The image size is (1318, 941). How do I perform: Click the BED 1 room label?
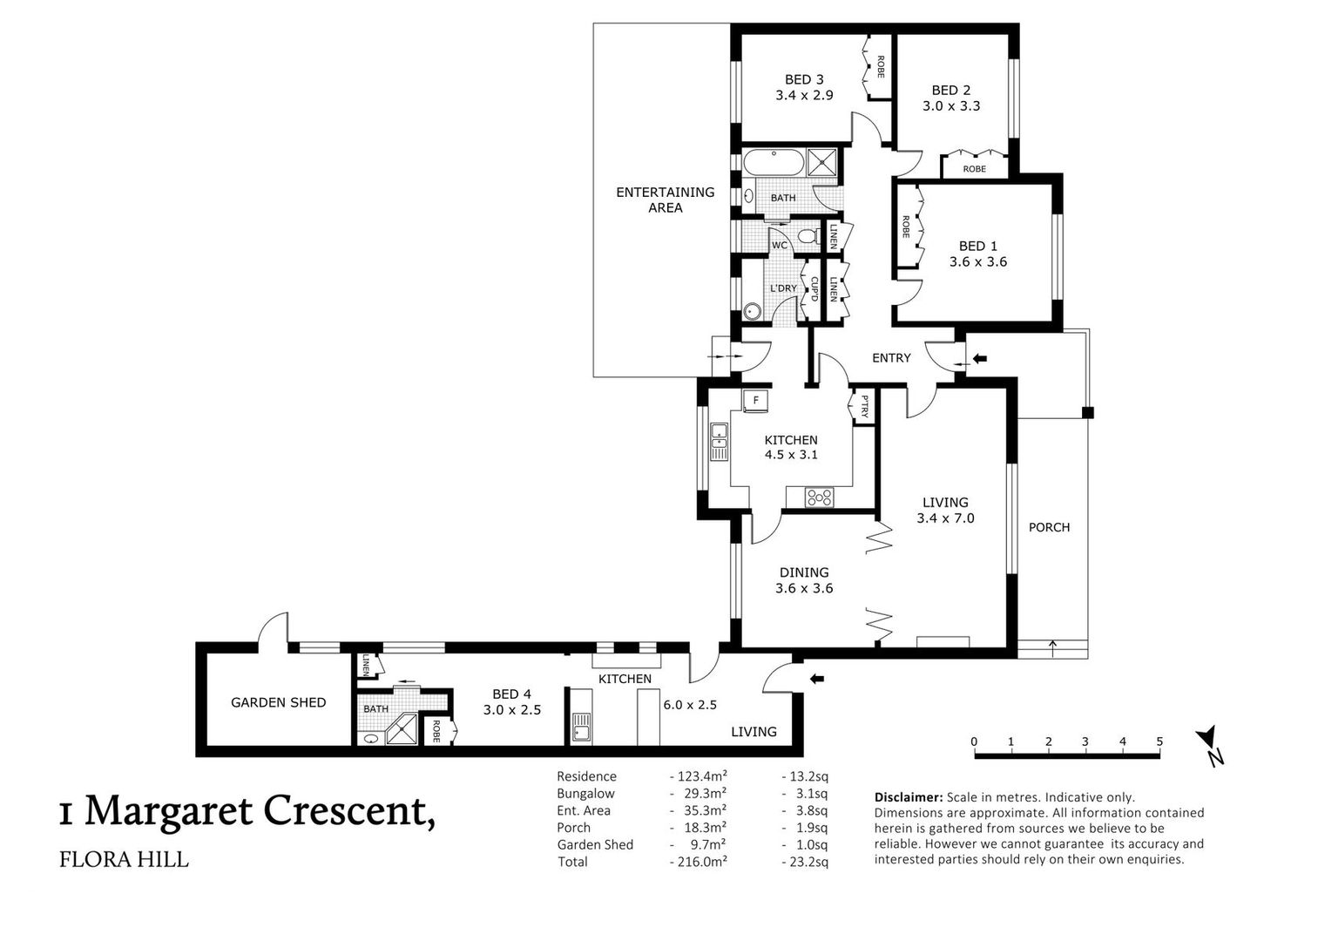click(x=978, y=246)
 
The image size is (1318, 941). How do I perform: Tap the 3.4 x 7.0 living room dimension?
click(x=945, y=518)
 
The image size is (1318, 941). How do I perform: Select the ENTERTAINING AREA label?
click(x=665, y=200)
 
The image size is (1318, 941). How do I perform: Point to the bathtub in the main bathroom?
click(x=773, y=162)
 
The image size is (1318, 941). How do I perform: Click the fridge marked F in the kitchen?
click(x=755, y=400)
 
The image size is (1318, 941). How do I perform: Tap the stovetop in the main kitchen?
click(x=820, y=498)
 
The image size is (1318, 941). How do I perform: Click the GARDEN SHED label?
click(x=278, y=702)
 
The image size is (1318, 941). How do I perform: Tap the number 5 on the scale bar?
click(x=1159, y=741)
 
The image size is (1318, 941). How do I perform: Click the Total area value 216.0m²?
click(x=699, y=862)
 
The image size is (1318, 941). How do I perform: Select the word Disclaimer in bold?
click(x=909, y=797)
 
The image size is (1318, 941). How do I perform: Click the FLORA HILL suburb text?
click(x=125, y=860)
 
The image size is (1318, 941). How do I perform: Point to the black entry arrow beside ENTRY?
click(x=980, y=358)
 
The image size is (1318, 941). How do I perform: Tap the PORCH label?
click(x=1049, y=527)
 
